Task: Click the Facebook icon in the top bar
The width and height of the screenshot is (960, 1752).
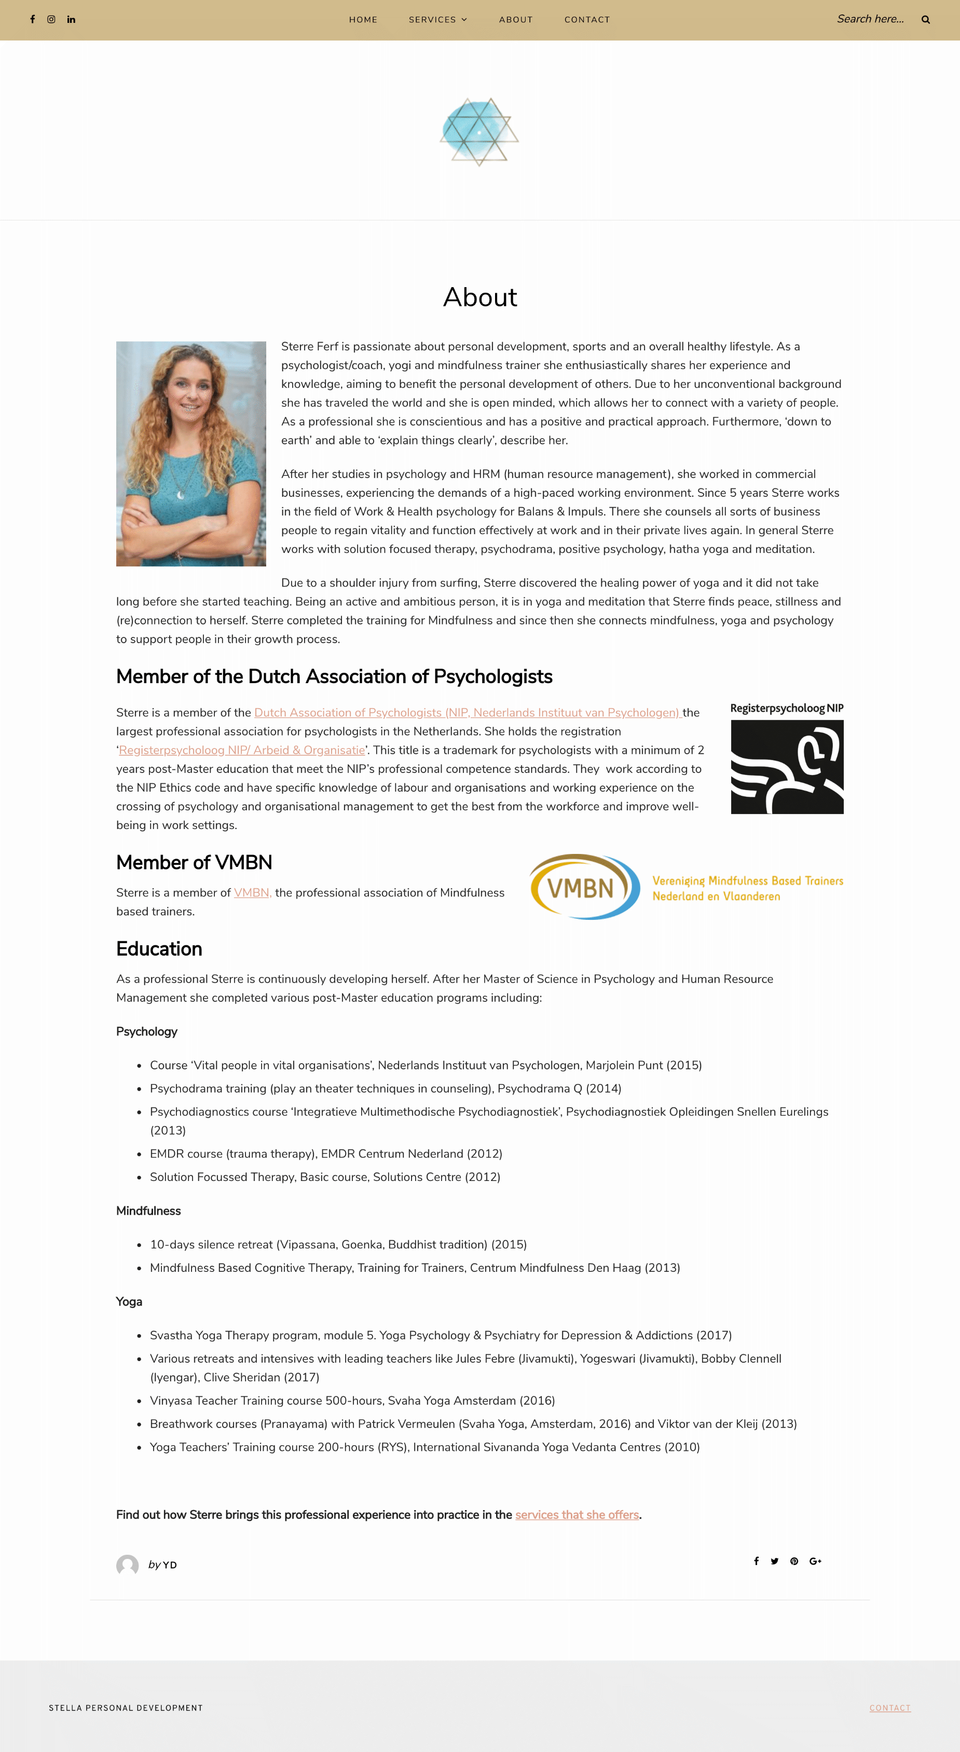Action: (x=33, y=20)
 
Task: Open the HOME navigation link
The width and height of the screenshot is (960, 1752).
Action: (x=363, y=20)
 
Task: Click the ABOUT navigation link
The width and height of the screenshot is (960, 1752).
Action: (x=515, y=20)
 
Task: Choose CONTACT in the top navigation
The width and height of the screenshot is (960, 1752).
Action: (x=587, y=20)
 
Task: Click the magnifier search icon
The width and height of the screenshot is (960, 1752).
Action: (x=925, y=20)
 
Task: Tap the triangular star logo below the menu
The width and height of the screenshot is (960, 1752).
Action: (x=479, y=131)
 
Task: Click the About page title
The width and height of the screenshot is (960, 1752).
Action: (x=480, y=297)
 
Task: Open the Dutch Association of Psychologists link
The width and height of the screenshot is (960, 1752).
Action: (x=467, y=712)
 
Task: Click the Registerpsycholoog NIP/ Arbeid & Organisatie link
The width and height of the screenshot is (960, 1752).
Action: (x=242, y=750)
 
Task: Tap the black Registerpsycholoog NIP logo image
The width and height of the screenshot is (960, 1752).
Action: (x=787, y=767)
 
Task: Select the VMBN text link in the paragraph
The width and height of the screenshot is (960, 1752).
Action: (x=252, y=892)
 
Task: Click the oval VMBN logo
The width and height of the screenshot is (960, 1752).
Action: (x=584, y=887)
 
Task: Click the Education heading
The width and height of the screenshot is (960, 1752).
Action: (x=159, y=949)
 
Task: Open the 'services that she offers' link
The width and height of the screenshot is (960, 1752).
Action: (x=577, y=1515)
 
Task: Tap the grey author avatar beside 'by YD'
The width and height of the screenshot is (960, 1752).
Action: (x=127, y=1565)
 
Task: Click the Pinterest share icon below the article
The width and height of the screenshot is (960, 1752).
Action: (x=794, y=1561)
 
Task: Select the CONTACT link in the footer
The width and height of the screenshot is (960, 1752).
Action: (x=889, y=1708)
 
